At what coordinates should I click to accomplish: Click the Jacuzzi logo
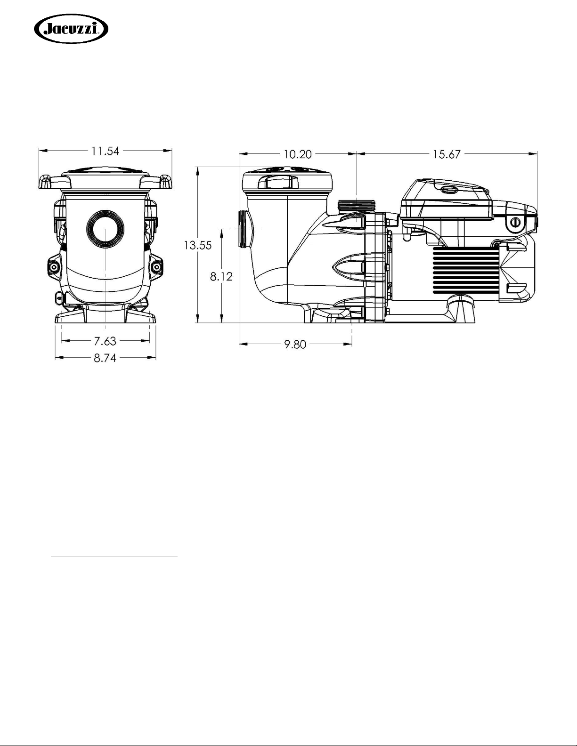tap(71, 29)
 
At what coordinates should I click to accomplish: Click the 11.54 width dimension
tap(105, 151)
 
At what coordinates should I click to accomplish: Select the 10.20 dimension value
tap(298, 154)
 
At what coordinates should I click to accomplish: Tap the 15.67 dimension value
tap(447, 154)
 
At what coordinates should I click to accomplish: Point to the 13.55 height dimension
tap(198, 245)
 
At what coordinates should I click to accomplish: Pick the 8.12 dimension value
tap(221, 276)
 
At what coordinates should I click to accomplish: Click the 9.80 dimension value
tap(295, 345)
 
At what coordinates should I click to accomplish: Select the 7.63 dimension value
tap(105, 341)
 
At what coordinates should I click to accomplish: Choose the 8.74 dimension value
tap(105, 358)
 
